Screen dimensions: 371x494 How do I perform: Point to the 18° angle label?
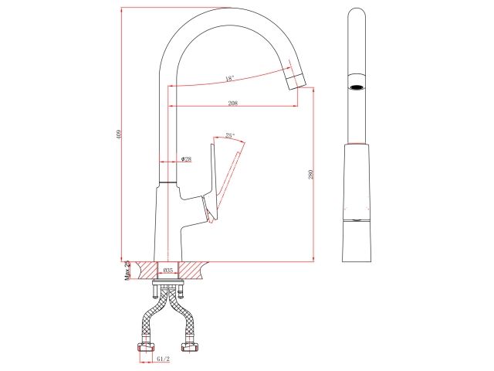tap(229, 77)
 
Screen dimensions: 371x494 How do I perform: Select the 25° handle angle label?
tap(230, 135)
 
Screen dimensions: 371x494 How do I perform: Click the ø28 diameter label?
tap(186, 158)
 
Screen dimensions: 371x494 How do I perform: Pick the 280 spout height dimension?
tap(310, 175)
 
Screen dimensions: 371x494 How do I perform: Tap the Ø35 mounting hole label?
tap(167, 271)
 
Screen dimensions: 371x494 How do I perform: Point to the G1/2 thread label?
tap(163, 359)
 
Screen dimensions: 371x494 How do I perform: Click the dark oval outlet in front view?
tap(356, 87)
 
